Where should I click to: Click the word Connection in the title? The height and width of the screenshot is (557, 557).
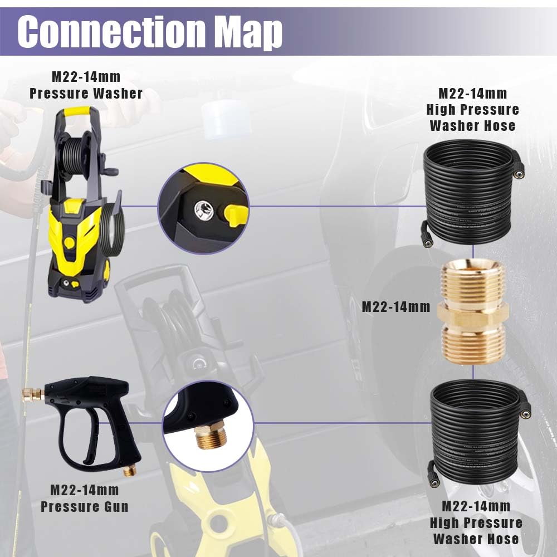111,31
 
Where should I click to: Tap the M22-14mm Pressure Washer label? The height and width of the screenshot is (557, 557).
86,85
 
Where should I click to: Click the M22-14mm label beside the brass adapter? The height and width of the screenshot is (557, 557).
396,306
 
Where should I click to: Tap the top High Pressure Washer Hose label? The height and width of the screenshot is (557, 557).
472,110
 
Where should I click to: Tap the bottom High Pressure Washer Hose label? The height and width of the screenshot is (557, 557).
476,522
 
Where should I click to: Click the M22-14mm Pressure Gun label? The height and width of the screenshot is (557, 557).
85,498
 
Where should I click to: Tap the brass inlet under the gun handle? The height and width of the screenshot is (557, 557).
129,471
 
